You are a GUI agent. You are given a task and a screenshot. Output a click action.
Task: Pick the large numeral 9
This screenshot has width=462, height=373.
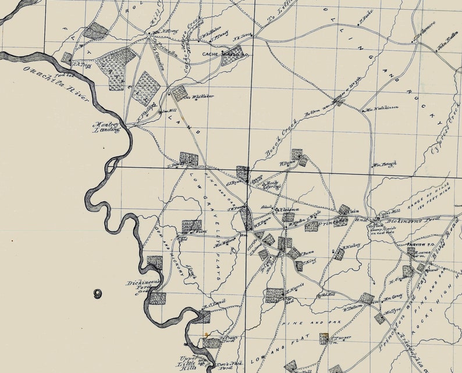click(97, 293)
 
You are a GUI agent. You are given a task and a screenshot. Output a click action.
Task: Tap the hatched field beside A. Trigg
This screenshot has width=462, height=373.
click(67, 58)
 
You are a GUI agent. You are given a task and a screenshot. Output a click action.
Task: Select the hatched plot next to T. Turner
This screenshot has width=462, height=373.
click(324, 338)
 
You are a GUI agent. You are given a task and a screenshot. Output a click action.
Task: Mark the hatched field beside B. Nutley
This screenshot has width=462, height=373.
click(339, 254)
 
